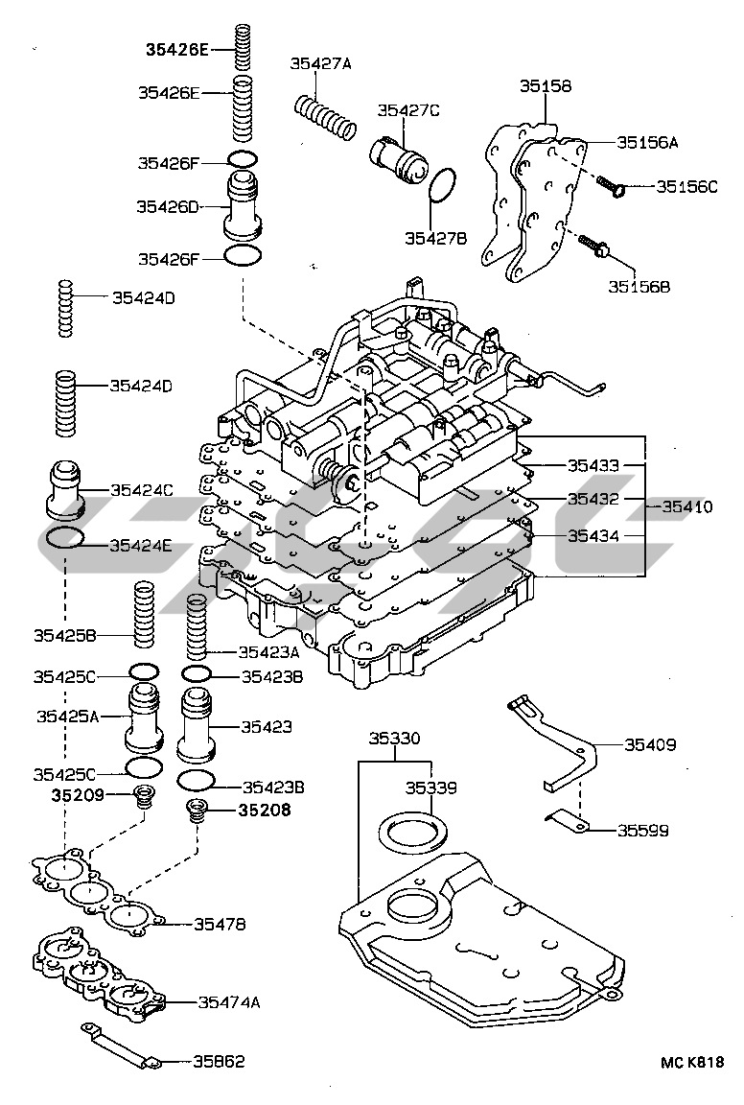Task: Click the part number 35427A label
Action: click(x=320, y=64)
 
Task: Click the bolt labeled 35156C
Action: click(x=612, y=186)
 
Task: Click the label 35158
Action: click(x=546, y=86)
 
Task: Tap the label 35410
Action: click(x=686, y=506)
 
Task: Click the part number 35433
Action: click(x=593, y=465)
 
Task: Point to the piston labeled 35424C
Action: click(x=66, y=490)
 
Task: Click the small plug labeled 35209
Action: click(x=145, y=796)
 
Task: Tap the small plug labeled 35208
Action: click(x=197, y=811)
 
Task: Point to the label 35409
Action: click(x=650, y=744)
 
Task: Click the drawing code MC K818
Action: click(x=692, y=1062)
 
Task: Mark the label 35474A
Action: click(x=229, y=1001)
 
